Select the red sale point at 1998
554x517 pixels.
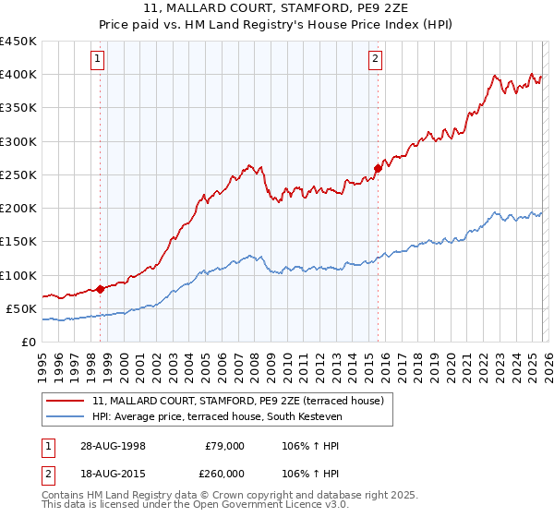coord(101,288)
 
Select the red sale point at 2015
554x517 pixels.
coord(378,168)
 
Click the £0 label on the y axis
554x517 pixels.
coord(28,342)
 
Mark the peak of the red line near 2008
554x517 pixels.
coord(251,165)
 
